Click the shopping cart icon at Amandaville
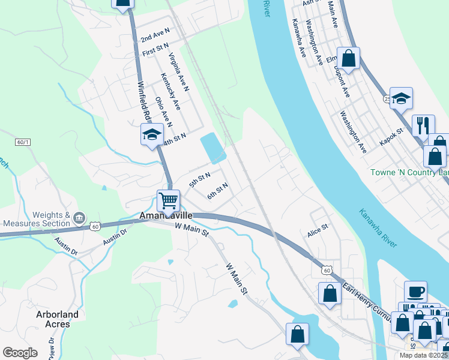pos(169,199)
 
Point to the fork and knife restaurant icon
pos(423,125)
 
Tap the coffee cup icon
pos(415,292)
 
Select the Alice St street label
pos(318,228)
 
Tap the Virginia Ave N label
pos(179,71)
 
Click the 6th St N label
pos(218,192)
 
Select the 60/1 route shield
pos(23,142)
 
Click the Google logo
pos(20,353)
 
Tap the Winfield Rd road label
pos(144,100)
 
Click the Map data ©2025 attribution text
pos(423,355)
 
